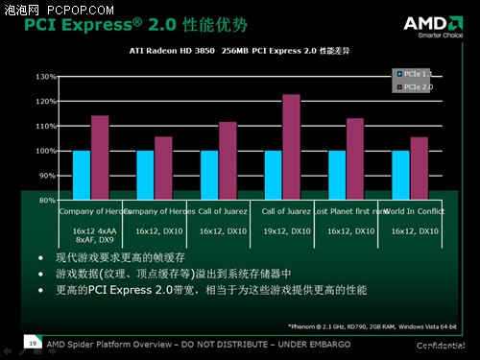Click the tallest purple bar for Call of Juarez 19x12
pyautogui.click(x=291, y=147)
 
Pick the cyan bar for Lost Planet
pyautogui.click(x=337, y=175)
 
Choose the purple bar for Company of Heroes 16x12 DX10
pyautogui.click(x=163, y=168)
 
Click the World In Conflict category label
pyautogui.click(x=416, y=210)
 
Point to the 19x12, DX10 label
pyautogui.click(x=287, y=231)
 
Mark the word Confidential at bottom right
pyautogui.click(x=444, y=343)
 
